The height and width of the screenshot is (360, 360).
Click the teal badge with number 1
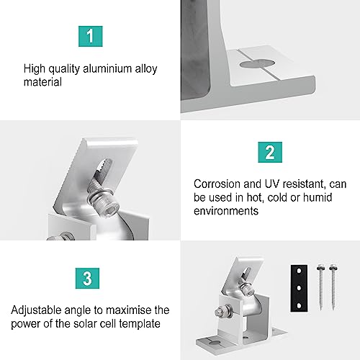[x=90, y=35]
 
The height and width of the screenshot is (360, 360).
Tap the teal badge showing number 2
[x=269, y=153]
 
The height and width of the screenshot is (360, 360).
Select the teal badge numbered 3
[x=90, y=277]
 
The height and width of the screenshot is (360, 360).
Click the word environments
[x=227, y=211]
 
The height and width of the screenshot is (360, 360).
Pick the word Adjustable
[x=36, y=310]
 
